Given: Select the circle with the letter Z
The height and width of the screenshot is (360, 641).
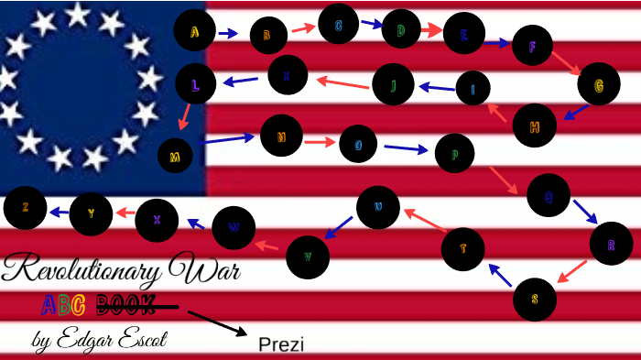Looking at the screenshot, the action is (x=25, y=207).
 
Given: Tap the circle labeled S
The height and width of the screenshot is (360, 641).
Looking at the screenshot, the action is (x=535, y=299).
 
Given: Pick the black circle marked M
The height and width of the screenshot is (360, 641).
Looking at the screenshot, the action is (x=175, y=156).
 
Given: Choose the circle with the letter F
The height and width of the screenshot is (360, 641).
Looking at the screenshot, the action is (x=532, y=45).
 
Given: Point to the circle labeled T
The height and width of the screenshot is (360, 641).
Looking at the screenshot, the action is (x=462, y=248).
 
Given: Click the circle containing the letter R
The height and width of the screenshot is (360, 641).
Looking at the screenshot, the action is (x=611, y=244).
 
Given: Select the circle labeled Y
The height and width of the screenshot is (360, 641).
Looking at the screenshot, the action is (x=91, y=214).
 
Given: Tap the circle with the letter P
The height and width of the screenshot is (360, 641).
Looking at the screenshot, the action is (x=454, y=154).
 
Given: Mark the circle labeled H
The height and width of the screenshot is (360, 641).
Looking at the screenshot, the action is (x=535, y=125).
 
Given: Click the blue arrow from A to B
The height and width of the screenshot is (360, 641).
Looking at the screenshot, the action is (x=228, y=34).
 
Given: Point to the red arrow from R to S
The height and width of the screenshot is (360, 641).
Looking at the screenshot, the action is (x=572, y=271).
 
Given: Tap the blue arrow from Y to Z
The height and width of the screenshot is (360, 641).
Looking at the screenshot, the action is (x=59, y=212).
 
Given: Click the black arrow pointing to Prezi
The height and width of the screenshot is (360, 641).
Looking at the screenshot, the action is (x=217, y=323).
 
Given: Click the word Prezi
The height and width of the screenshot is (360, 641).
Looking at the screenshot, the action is (x=281, y=344).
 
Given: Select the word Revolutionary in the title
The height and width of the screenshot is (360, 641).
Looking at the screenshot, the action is (x=78, y=269).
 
